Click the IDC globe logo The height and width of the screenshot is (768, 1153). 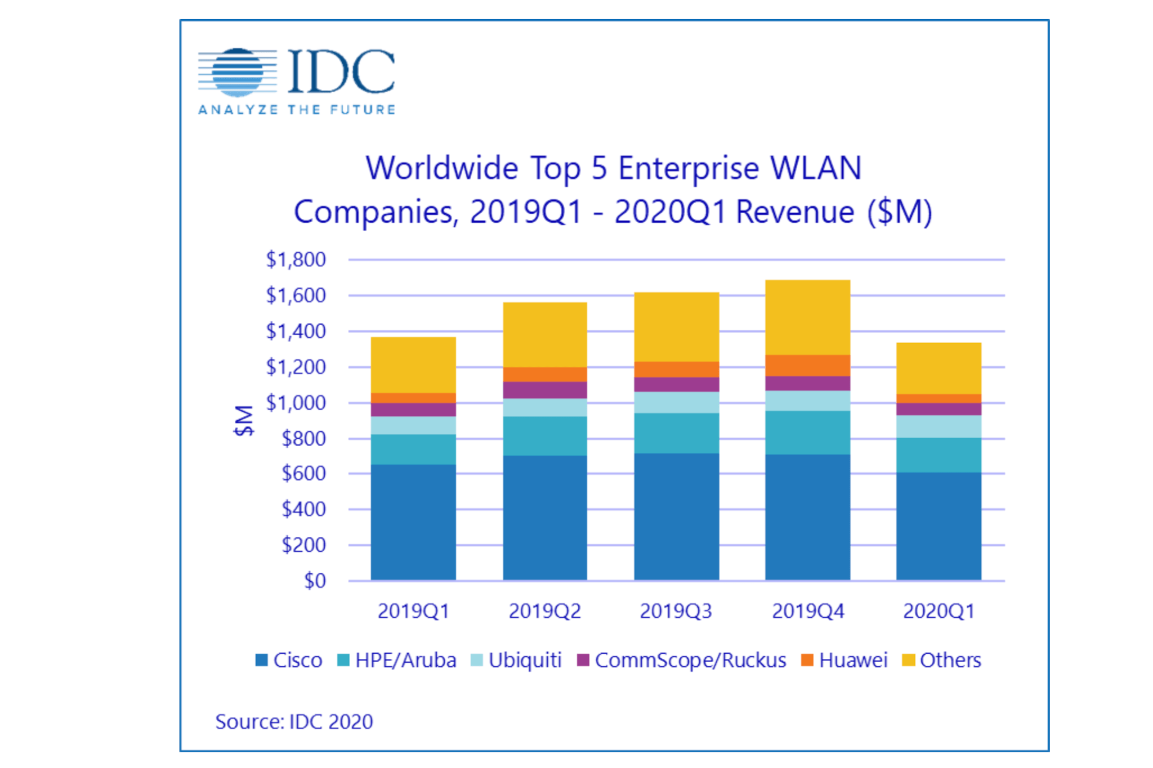coord(237,72)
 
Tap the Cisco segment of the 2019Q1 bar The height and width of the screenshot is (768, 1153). coord(413,522)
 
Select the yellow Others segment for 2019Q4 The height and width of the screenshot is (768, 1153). coord(807,317)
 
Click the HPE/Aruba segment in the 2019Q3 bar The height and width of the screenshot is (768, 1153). coord(676,433)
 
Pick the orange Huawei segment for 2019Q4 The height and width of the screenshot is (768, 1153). coord(807,365)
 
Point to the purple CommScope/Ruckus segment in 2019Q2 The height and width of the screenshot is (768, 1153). coord(544,390)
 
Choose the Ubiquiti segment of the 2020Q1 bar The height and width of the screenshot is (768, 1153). coord(939,426)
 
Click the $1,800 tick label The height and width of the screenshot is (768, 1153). coord(296,259)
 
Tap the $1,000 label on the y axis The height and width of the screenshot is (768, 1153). coord(296,403)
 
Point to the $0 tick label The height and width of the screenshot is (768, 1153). coord(315,581)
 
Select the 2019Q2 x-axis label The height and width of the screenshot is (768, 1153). coord(544,611)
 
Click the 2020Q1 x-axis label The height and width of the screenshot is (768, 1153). coord(939,611)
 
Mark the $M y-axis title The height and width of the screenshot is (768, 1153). coord(244,420)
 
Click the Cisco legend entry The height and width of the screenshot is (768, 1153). coord(289,660)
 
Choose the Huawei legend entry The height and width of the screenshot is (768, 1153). coord(844,660)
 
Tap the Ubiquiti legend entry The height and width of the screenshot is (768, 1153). coord(516,660)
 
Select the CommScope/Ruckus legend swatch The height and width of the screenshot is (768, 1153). coord(583,660)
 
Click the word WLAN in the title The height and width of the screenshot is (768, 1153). coord(815,168)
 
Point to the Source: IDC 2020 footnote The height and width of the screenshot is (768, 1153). coord(294,721)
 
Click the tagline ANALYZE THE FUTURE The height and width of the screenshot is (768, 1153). coord(297,110)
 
